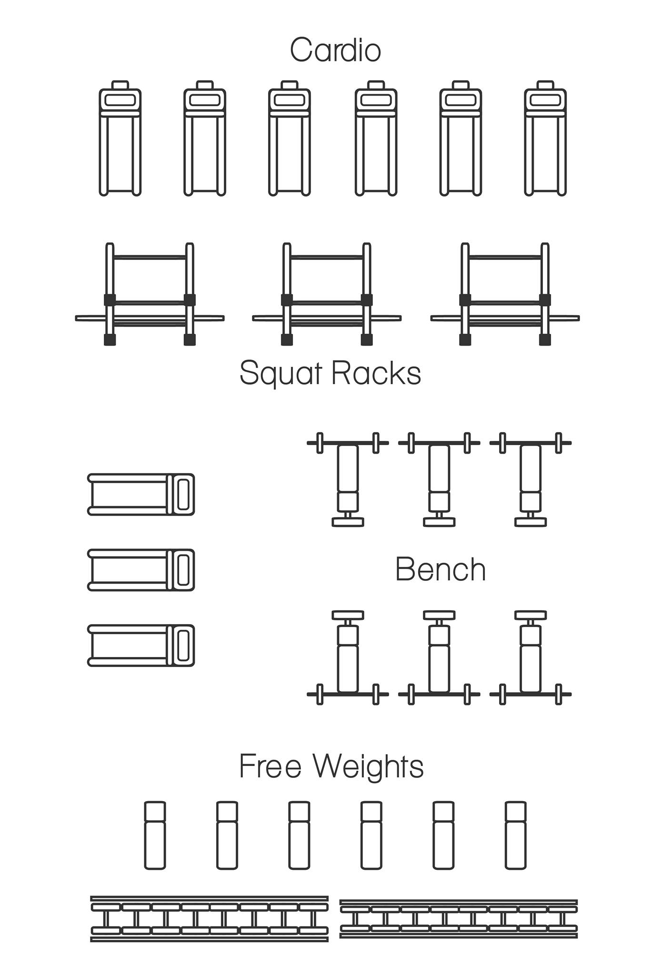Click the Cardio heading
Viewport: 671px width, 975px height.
pyautogui.click(x=335, y=50)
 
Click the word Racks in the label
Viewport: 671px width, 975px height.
pyautogui.click(x=376, y=373)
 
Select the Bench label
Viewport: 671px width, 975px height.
pyautogui.click(x=440, y=569)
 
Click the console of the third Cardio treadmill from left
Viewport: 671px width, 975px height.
pyautogui.click(x=290, y=100)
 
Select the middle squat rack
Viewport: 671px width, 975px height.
pyautogui.click(x=327, y=295)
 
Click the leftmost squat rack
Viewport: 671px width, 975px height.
pyautogui.click(x=150, y=295)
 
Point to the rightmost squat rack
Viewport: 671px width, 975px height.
pyautogui.click(x=505, y=295)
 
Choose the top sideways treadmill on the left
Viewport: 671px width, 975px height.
pyautogui.click(x=141, y=495)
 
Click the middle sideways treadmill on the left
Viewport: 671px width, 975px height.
pyautogui.click(x=141, y=570)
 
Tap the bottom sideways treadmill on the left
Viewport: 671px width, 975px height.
pyautogui.click(x=141, y=645)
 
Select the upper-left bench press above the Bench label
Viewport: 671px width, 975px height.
pyautogui.click(x=348, y=476)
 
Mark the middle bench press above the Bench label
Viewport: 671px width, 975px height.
pyautogui.click(x=439, y=476)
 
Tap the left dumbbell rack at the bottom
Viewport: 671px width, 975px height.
pyautogui.click(x=210, y=919)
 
